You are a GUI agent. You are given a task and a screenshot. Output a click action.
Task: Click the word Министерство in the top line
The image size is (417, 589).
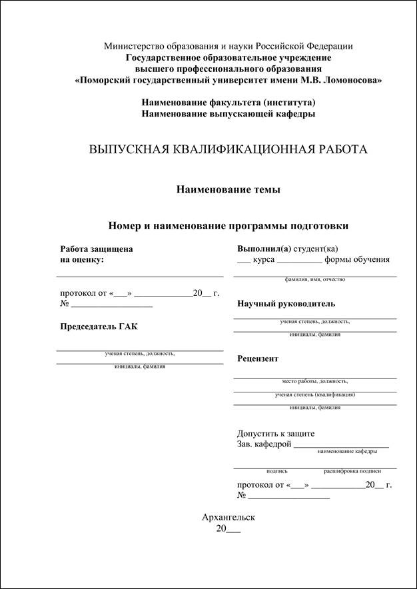point(132,46)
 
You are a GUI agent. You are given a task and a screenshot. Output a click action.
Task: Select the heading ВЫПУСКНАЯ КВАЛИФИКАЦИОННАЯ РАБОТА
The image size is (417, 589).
point(228,149)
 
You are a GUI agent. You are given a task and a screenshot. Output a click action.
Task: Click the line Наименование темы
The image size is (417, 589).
point(228,190)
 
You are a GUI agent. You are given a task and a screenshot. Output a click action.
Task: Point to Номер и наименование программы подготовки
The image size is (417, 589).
point(228,226)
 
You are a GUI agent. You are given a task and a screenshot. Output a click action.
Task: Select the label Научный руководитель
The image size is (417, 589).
point(286,304)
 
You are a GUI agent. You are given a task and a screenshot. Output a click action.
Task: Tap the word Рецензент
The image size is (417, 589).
point(258,358)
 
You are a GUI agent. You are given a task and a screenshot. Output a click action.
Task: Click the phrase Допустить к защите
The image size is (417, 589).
point(276,434)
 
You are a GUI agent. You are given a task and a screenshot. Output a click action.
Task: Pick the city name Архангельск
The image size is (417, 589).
point(228,517)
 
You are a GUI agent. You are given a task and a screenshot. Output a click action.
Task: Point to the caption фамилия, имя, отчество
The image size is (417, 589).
point(314,280)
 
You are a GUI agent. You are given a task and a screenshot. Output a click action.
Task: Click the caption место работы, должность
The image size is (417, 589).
point(314,381)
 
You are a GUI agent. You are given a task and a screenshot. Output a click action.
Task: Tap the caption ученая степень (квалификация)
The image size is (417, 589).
point(314,394)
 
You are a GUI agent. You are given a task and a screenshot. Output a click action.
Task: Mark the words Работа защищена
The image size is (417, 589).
point(96,249)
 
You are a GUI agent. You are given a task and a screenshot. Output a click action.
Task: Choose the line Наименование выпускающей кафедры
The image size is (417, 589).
point(228,114)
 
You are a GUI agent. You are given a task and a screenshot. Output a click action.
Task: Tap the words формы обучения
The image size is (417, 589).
point(357,260)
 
